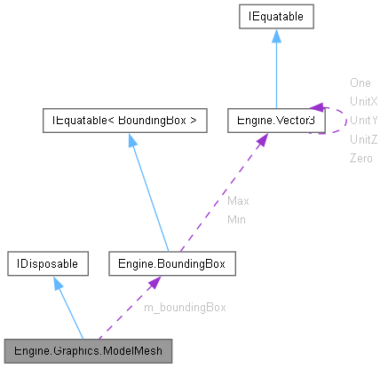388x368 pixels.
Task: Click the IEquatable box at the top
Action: pos(274,16)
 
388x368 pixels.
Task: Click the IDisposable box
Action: pos(45,263)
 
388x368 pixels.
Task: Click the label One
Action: pos(360,82)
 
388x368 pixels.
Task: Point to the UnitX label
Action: pos(364,101)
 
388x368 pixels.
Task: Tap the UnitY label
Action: pos(364,120)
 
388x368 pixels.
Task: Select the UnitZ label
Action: pos(364,138)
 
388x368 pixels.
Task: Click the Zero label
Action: pos(361,157)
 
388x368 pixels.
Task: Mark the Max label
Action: pos(238,200)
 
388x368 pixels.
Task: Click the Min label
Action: pos(237,218)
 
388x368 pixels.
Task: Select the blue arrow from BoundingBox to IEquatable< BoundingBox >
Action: pos(148,192)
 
